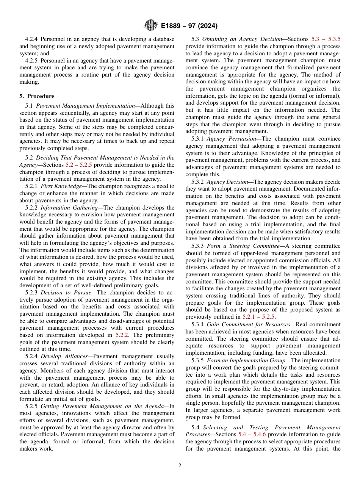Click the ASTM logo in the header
pos(150,26)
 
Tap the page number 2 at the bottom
pos(180,466)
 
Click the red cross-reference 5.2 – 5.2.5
pos(79,165)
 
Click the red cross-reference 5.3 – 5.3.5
pos(326,39)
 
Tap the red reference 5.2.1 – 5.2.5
pos(259,317)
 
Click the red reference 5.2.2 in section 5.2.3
pos(123,335)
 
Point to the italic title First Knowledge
pos(61,186)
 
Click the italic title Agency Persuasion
pos(232,139)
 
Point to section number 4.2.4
pos(32,39)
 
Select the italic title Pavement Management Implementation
pos(85,106)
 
